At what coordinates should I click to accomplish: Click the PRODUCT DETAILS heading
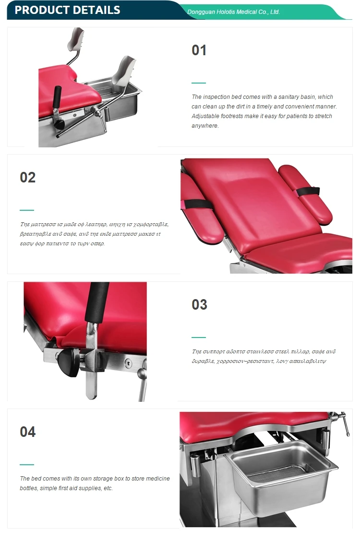point(68,10)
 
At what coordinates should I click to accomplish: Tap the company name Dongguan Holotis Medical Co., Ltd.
point(233,12)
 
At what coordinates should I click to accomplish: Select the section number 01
point(199,50)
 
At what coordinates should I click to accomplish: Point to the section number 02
point(28,177)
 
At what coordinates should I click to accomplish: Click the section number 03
point(199,304)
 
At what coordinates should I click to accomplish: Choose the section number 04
point(28,432)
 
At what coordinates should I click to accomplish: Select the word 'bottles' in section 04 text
point(28,488)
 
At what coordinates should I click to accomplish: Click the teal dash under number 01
point(199,83)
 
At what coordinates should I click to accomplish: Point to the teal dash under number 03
point(199,338)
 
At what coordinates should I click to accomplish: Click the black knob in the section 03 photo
point(68,362)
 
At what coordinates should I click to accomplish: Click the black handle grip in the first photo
point(57,97)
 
